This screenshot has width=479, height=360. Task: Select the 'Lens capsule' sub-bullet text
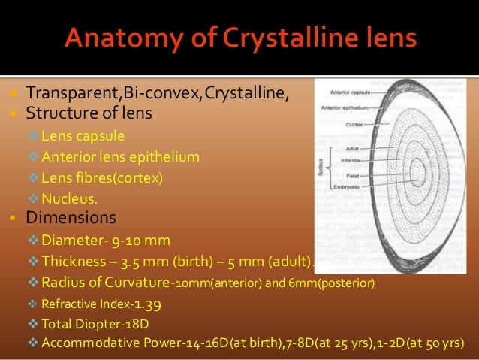click(83, 136)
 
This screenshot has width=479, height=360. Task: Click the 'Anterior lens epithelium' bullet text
click(121, 157)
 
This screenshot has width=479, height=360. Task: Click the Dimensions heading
click(71, 219)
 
